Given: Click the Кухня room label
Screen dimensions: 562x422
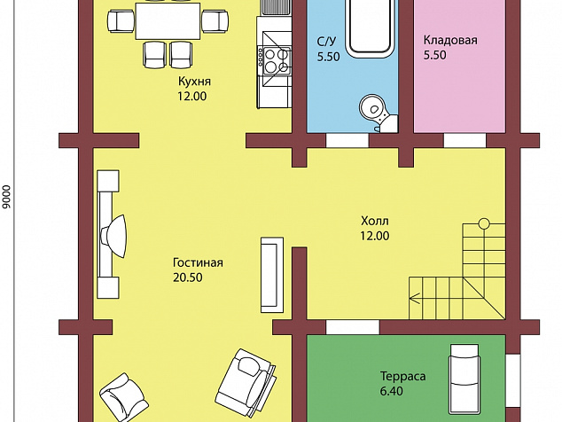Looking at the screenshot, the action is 194,82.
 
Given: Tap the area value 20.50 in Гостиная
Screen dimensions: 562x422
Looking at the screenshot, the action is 187,277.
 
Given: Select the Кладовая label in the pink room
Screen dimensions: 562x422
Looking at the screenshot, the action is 450,40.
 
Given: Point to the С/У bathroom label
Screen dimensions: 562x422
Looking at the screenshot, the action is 326,42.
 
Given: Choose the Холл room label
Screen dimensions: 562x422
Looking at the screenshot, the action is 375,221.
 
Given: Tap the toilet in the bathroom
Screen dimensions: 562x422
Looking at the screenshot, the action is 378,112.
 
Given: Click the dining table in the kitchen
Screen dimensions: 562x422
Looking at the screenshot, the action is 168,20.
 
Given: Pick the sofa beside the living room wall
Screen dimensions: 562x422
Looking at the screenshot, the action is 272,275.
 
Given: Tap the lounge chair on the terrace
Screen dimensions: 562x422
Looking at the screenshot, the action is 464,379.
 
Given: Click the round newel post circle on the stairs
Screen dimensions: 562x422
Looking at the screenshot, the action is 484,223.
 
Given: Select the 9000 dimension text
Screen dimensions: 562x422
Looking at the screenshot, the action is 6,197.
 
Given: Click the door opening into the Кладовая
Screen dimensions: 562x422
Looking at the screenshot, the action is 464,141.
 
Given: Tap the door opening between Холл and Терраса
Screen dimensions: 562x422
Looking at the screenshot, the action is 352,327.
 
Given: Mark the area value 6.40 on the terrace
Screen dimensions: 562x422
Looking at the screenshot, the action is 392,391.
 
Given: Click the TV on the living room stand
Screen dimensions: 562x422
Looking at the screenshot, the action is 114,236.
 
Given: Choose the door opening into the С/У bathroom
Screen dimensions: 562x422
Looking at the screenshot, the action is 347,141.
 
